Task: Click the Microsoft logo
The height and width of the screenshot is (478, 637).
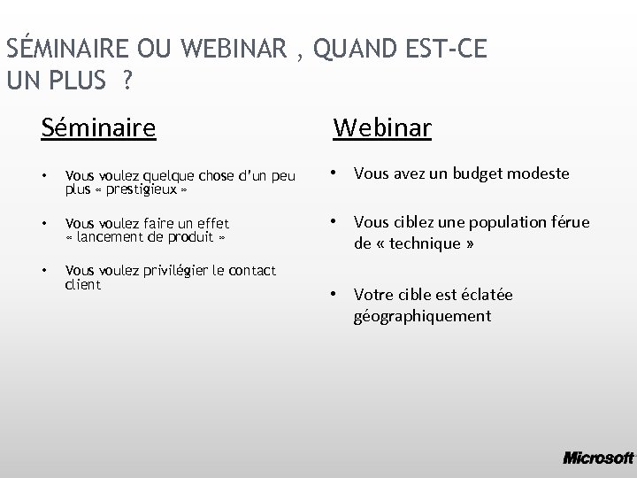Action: click(x=598, y=458)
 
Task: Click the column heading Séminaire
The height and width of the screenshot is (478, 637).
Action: click(x=99, y=129)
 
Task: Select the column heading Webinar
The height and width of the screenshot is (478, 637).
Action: click(x=382, y=129)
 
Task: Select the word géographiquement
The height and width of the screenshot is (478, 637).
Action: click(x=422, y=316)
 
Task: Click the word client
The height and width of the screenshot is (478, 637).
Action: click(x=84, y=285)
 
